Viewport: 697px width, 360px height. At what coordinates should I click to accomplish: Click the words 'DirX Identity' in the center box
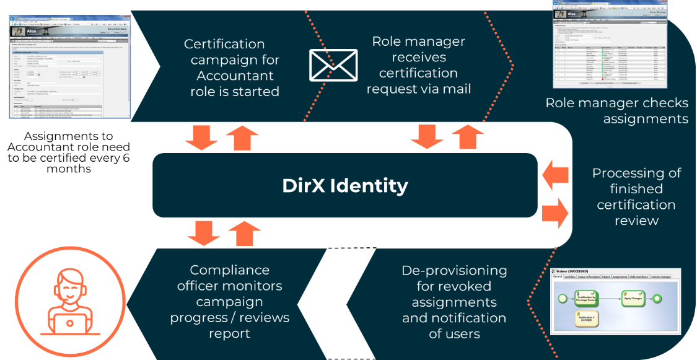(345, 185)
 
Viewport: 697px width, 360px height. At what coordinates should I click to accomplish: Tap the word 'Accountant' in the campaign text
(235, 76)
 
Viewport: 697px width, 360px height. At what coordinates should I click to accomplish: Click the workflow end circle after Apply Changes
(657, 299)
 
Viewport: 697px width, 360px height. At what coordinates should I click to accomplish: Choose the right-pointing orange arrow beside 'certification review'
(555, 213)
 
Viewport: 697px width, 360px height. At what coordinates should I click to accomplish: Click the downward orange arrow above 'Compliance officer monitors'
(203, 233)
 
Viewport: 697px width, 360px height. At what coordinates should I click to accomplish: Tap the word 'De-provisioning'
(454, 271)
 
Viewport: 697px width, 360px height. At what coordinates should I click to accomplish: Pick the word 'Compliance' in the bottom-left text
(229, 270)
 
